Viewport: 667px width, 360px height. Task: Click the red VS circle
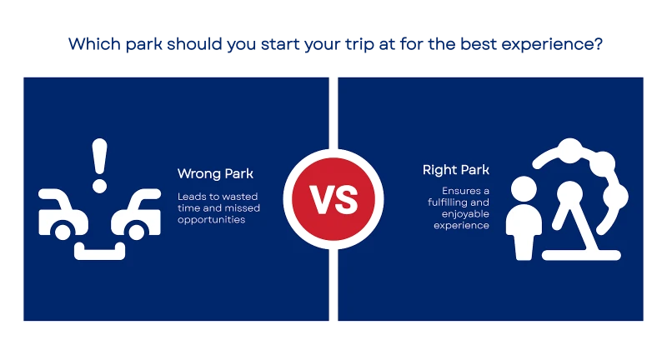333,199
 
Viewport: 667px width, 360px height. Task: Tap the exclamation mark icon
99,166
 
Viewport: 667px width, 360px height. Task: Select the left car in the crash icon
63,214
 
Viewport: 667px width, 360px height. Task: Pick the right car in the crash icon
136,214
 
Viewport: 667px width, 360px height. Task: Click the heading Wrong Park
215,174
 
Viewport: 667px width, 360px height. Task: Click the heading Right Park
455,170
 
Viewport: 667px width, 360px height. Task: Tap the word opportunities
212,220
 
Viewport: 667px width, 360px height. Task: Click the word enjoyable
465,214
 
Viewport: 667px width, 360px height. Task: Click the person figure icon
524,218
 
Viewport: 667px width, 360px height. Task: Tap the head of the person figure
524,189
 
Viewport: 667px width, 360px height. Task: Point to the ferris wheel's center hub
570,193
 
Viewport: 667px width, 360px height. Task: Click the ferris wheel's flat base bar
581,255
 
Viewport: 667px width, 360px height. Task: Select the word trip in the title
360,44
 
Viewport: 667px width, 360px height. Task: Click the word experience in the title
548,45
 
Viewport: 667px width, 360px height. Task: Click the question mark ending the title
599,44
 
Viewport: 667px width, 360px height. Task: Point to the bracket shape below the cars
99,251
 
